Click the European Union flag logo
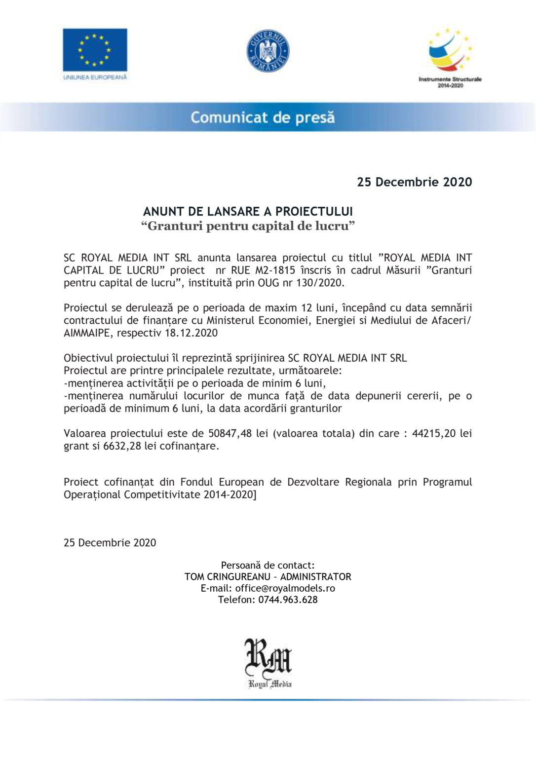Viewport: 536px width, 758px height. [95, 50]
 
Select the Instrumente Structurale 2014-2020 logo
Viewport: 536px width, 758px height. [450, 57]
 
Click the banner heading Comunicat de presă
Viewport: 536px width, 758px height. [263, 117]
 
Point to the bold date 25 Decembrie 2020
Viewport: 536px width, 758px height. [414, 182]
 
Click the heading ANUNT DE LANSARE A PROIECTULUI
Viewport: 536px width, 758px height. [248, 212]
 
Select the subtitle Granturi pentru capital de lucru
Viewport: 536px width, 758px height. [248, 226]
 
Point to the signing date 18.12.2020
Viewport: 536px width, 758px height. [191, 333]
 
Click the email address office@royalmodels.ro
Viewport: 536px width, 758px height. [285, 588]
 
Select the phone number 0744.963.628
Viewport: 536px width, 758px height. [288, 600]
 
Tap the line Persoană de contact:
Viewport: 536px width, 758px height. [268, 566]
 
